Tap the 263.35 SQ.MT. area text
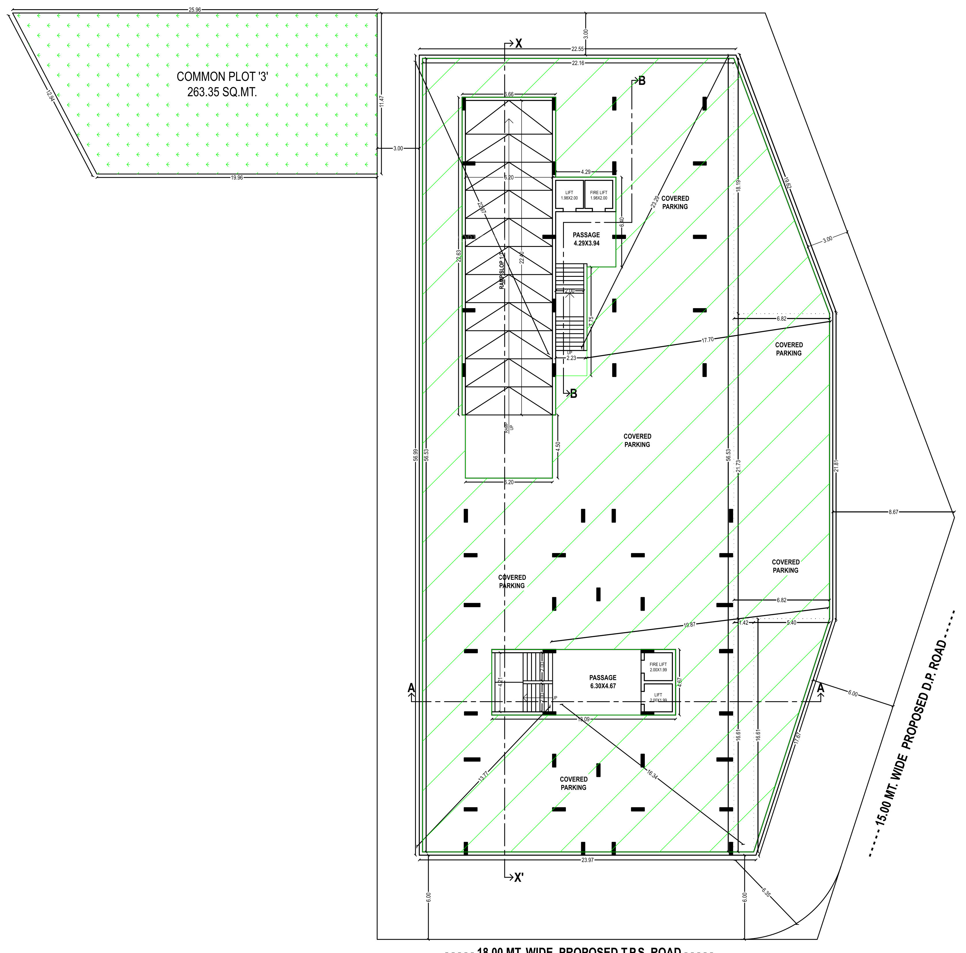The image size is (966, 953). coord(222,92)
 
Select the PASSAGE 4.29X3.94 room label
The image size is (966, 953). coord(586,239)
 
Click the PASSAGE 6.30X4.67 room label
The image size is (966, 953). coord(602,682)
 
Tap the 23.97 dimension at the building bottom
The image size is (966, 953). coord(587,860)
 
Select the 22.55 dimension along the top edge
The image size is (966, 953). coord(577,49)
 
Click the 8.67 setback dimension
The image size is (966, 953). coord(893,512)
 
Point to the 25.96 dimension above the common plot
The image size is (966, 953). coord(195,9)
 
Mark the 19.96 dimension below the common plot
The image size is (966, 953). coord(237,178)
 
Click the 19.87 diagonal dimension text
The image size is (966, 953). coord(689,625)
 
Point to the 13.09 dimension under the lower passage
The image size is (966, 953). coord(583,719)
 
